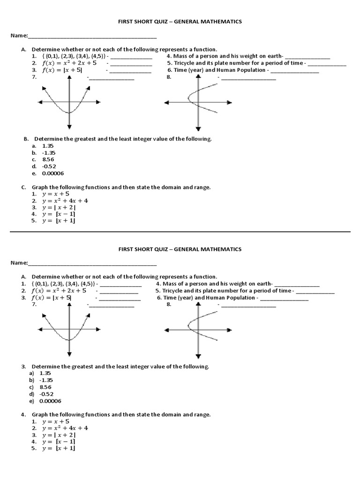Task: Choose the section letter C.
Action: (x=23, y=187)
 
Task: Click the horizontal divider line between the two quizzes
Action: (x=180, y=232)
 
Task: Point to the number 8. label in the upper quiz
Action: (x=169, y=77)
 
